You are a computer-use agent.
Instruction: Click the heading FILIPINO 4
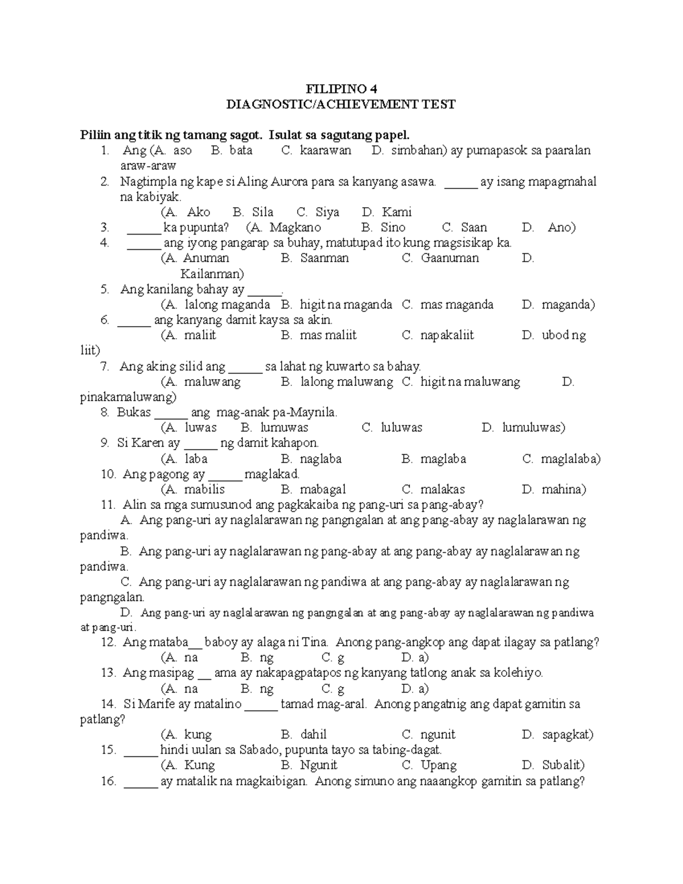(341, 89)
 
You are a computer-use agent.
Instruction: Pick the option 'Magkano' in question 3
(295, 228)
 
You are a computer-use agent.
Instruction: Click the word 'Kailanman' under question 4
(212, 274)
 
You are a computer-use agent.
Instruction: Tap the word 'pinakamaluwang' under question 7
(127, 397)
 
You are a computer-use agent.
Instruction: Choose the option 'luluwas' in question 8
(401, 427)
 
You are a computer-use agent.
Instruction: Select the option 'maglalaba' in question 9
(570, 459)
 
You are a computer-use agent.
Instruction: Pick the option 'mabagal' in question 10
(323, 490)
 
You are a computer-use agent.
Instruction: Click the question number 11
(108, 505)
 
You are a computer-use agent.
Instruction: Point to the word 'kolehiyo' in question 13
(516, 673)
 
